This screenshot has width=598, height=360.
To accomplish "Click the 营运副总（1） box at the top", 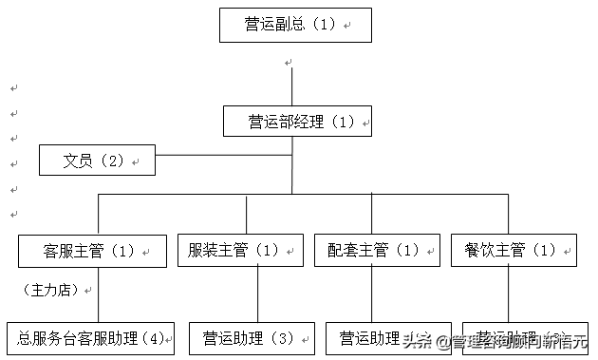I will click(x=294, y=25).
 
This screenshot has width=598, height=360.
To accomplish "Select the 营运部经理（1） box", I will click(x=297, y=122).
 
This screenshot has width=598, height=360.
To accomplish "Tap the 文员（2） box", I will click(x=97, y=161).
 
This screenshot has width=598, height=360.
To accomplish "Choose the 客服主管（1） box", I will click(x=91, y=251).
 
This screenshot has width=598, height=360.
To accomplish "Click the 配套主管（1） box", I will click(x=377, y=251).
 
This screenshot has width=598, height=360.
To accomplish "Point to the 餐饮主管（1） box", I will click(x=514, y=251).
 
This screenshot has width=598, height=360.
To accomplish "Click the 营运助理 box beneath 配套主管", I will click(x=370, y=338).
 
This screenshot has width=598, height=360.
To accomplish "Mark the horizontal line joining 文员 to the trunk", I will click(x=223, y=154).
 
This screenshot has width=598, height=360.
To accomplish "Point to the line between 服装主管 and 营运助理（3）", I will click(x=257, y=294).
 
